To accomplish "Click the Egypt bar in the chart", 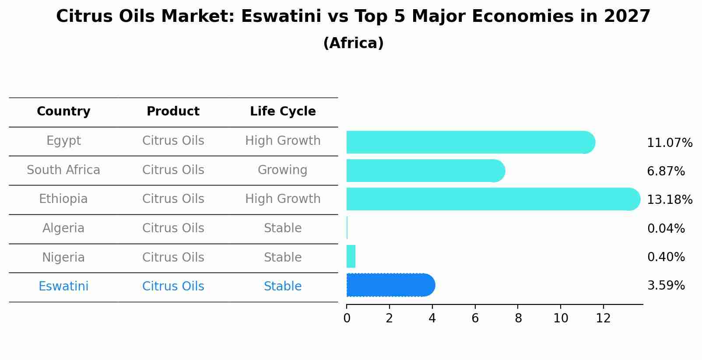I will pyautogui.click(x=470, y=142).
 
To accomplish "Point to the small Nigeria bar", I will pyautogui.click(x=351, y=256).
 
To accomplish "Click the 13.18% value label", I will pyautogui.click(x=669, y=200).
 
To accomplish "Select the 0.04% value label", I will pyautogui.click(x=666, y=228).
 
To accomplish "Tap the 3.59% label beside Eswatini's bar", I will pyautogui.click(x=666, y=286).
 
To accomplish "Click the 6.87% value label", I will pyautogui.click(x=666, y=171).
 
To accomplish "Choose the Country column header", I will pyautogui.click(x=63, y=112).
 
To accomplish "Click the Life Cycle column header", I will pyautogui.click(x=283, y=112).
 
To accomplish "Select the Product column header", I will pyautogui.click(x=173, y=112).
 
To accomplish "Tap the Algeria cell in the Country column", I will pyautogui.click(x=63, y=228).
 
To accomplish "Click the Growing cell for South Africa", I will pyautogui.click(x=283, y=170).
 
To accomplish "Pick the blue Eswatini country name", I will pyautogui.click(x=63, y=287).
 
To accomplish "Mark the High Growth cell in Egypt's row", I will pyautogui.click(x=283, y=141).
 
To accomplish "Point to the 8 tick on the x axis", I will pyautogui.click(x=518, y=318).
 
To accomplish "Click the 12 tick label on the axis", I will pyautogui.click(x=603, y=318).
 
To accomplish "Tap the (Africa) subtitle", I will pyautogui.click(x=353, y=43).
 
